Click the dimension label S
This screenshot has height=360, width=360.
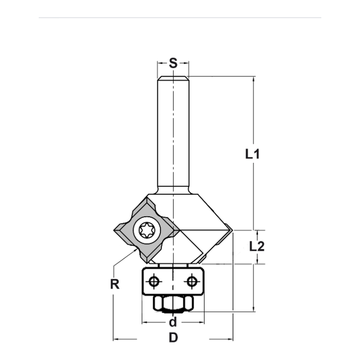coord(173,63)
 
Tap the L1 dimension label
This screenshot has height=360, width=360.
coord(252,154)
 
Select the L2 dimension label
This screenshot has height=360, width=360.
coord(257,247)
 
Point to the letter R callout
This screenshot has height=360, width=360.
coord(114,284)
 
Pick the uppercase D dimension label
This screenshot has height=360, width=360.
coord(173,338)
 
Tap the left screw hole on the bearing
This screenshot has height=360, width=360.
coord(154,281)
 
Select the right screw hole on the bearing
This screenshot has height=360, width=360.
coord(192,281)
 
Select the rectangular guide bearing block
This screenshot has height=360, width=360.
coord(173,282)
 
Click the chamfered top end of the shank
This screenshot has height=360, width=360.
coord(173,77)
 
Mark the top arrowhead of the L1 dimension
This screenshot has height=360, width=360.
coord(254,79)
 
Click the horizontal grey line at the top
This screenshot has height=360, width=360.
coord(180,17)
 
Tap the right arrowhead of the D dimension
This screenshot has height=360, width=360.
coord(230,339)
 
